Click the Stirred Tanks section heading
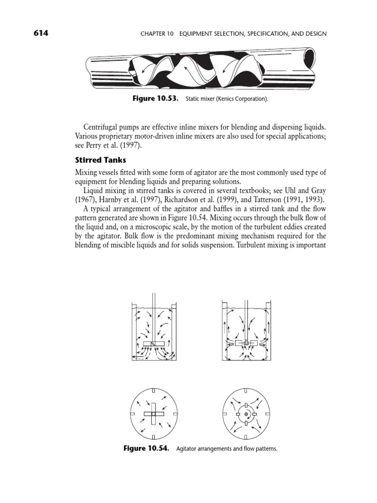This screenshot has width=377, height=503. coord(100,160)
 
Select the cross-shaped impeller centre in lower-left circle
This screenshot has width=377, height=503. coord(153,414)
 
